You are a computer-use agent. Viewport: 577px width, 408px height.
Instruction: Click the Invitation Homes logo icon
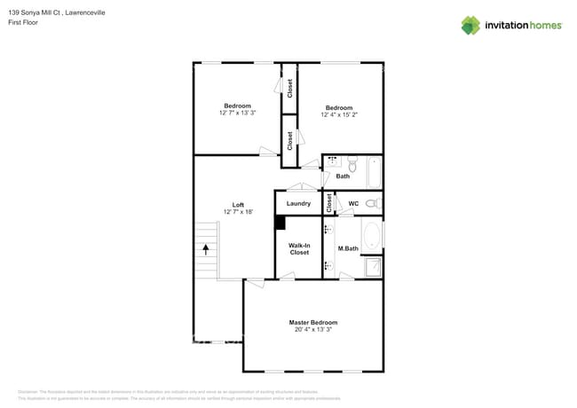point(470,25)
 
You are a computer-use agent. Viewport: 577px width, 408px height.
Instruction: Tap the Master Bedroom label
point(312,322)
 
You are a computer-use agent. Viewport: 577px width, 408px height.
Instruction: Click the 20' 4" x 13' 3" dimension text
point(312,330)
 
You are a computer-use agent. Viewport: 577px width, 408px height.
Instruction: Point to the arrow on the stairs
point(207,251)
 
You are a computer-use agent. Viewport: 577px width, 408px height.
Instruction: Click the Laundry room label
point(298,203)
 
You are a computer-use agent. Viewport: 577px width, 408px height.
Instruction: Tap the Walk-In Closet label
point(300,248)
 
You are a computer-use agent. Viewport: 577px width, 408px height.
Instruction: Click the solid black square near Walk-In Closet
point(280,224)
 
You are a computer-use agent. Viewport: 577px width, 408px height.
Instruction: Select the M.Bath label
point(347,247)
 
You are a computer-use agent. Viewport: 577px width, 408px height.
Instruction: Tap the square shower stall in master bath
point(374,266)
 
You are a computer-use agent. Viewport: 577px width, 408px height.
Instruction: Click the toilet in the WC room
point(372,203)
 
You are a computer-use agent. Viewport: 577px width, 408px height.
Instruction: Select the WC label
point(353,203)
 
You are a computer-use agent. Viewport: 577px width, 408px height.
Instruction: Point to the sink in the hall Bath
point(334,162)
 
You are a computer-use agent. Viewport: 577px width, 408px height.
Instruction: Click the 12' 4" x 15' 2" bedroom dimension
point(340,114)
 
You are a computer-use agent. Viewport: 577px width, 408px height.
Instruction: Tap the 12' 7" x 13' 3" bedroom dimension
point(237,113)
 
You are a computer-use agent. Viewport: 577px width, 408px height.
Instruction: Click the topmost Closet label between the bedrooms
point(289,88)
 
